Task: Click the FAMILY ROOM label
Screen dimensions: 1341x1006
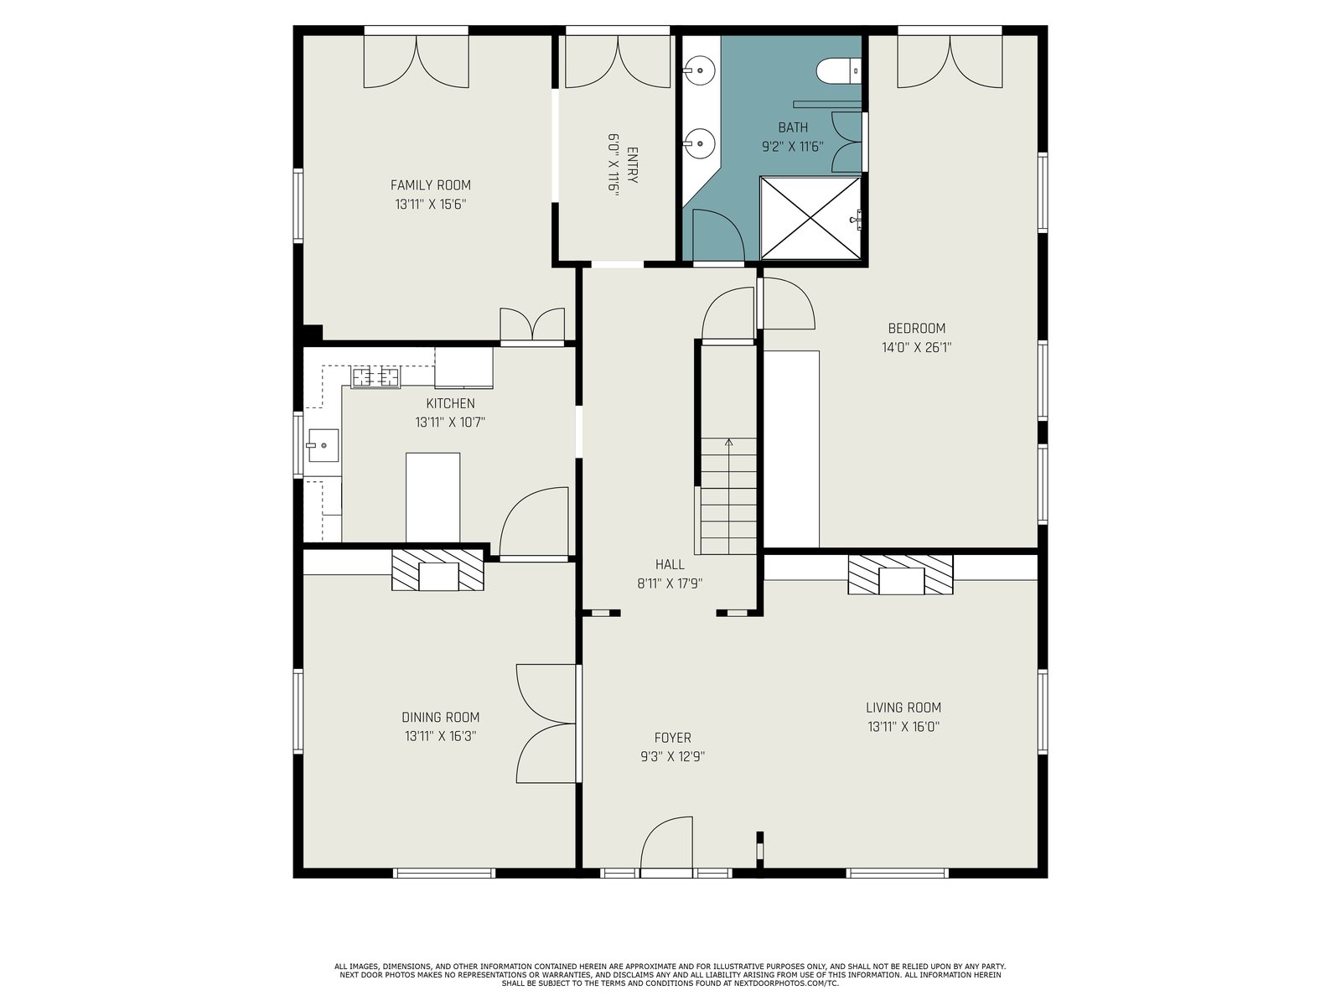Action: (x=430, y=185)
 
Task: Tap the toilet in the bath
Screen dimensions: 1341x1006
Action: (x=838, y=71)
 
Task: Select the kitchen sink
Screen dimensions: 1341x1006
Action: (x=323, y=445)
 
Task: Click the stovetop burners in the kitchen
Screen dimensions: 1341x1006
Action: (x=375, y=377)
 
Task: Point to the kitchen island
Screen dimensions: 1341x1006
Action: (x=432, y=497)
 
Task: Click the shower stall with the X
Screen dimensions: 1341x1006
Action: (x=810, y=218)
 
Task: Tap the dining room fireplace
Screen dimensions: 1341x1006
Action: (x=438, y=570)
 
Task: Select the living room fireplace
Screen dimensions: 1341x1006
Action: (x=900, y=574)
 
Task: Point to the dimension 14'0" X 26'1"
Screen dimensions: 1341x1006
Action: (x=916, y=348)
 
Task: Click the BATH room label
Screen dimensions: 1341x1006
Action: (x=793, y=127)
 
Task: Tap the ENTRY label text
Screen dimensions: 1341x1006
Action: (x=632, y=165)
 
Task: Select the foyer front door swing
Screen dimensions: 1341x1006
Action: (x=666, y=843)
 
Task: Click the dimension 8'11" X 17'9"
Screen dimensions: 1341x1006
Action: (x=670, y=583)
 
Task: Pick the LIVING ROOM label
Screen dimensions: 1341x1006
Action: (x=903, y=708)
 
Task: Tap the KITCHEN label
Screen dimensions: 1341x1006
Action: (x=450, y=403)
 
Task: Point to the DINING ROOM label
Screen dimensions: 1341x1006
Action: (x=440, y=717)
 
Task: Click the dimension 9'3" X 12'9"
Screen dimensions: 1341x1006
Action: (x=672, y=757)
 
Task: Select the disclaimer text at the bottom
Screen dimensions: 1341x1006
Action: (x=670, y=975)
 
